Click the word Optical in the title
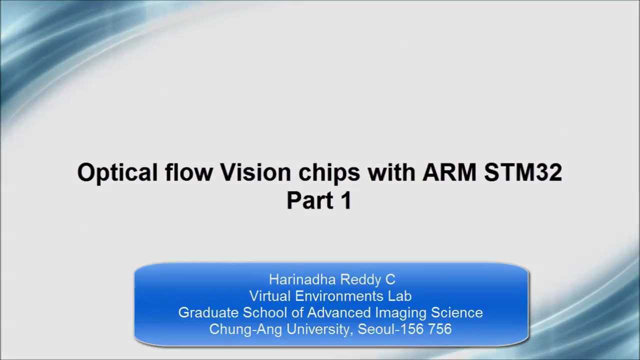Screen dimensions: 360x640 point(117,172)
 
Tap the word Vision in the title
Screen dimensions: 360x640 point(255,172)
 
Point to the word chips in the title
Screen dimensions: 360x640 point(329,172)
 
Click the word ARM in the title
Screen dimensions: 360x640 point(449,172)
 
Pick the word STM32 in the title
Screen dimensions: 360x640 point(523,172)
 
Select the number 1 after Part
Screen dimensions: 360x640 point(346,200)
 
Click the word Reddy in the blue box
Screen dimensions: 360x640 point(359,279)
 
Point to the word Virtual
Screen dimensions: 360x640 point(270,296)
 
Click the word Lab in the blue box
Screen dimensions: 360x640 point(399,296)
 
